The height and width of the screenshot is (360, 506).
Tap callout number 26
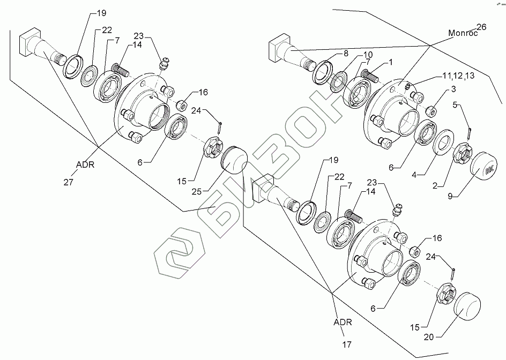480,27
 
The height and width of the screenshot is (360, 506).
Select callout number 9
452,196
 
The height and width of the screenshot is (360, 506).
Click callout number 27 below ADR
69,183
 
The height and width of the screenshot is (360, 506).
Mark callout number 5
456,105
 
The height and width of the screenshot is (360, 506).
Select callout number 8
346,54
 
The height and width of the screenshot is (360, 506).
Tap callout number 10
368,55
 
